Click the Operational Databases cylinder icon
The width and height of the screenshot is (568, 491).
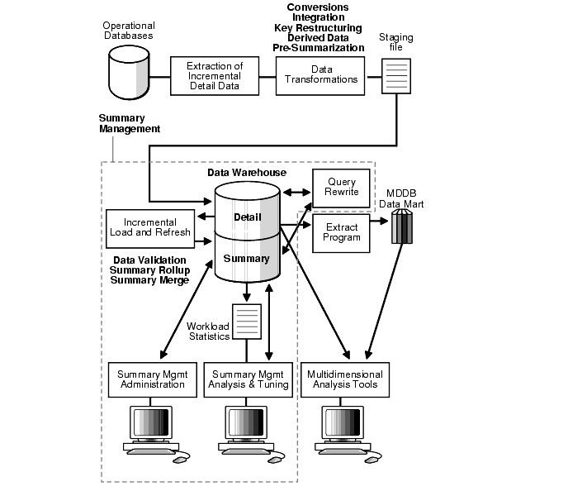pos(130,70)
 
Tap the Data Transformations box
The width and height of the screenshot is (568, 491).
pos(321,74)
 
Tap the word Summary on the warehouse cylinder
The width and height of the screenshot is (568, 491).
pos(246,258)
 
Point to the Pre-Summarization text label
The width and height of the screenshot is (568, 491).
pos(319,48)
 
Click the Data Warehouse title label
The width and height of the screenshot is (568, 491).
pos(246,173)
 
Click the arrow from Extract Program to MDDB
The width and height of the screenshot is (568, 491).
pos(379,222)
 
